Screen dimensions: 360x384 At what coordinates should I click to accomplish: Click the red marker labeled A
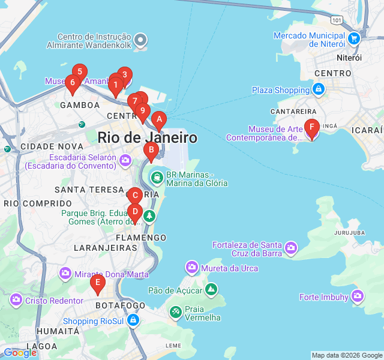159,119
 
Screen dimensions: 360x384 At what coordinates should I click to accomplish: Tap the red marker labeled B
151,150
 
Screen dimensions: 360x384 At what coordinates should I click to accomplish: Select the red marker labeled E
97,283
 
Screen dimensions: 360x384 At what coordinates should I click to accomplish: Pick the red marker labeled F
311,127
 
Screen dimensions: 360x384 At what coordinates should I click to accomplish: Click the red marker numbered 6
72,83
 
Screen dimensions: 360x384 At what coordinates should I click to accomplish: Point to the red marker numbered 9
142,111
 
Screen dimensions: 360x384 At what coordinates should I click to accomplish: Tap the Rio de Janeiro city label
148,137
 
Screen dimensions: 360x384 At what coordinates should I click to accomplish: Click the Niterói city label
349,58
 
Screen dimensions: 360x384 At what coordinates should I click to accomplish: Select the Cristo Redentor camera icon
16,299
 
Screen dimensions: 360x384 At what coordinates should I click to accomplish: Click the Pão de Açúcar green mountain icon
211,290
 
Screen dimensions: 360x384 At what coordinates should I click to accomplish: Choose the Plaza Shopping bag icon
319,90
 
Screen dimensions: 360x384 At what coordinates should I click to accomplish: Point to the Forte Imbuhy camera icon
358,296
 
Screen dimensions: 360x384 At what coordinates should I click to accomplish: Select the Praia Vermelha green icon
175,312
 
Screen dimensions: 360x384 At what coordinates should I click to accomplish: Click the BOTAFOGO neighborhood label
120,305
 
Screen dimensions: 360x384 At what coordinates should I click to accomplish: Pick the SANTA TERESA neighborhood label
89,190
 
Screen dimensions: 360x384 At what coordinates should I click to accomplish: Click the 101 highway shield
337,20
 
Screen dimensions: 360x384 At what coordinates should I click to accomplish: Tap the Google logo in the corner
20,353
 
